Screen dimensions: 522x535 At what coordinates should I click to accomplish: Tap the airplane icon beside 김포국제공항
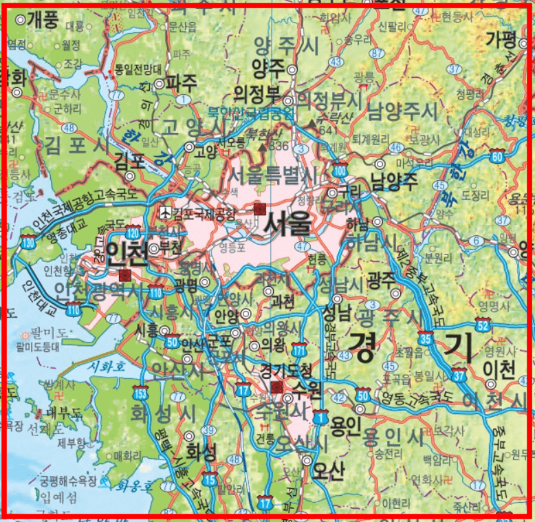(164, 212)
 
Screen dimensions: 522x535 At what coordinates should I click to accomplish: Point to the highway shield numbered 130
(28, 241)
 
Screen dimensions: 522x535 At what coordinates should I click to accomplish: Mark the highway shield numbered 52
(483, 325)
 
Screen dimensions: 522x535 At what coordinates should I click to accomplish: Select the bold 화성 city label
(201, 451)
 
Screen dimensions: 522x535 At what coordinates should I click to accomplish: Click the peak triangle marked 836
(263, 146)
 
